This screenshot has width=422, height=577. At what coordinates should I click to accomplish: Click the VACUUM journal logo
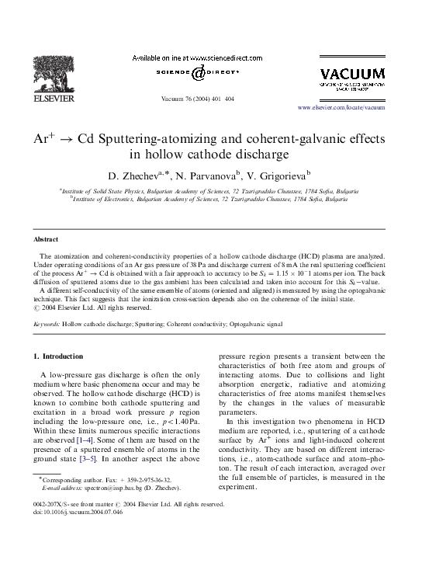coord(351,75)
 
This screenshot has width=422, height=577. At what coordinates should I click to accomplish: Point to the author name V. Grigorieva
coord(277,174)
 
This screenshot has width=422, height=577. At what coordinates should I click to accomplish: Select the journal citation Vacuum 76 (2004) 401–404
coord(197,99)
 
